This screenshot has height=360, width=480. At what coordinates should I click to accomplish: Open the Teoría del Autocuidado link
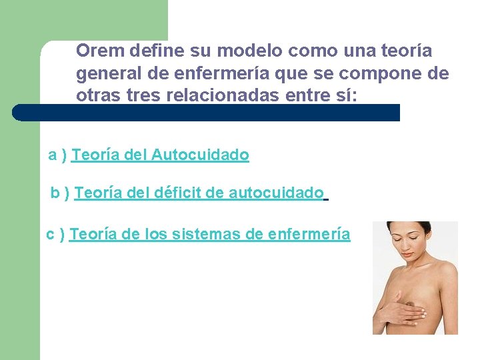160,155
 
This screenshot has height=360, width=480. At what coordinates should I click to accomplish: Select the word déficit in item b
178,193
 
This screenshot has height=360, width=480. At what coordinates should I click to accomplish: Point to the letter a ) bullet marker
57,155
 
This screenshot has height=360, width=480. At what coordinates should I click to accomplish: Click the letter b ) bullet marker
61,193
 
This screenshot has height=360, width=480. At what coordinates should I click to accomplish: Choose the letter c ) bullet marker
55,234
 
